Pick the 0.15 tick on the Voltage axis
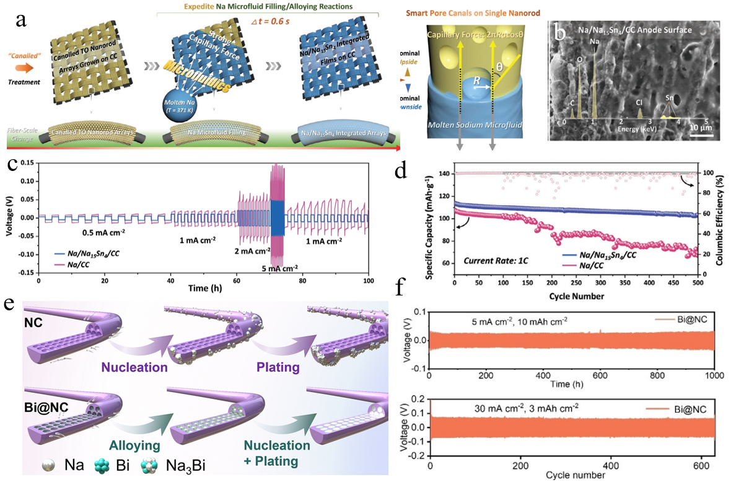click(x=27, y=162)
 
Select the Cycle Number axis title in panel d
click(x=576, y=296)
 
